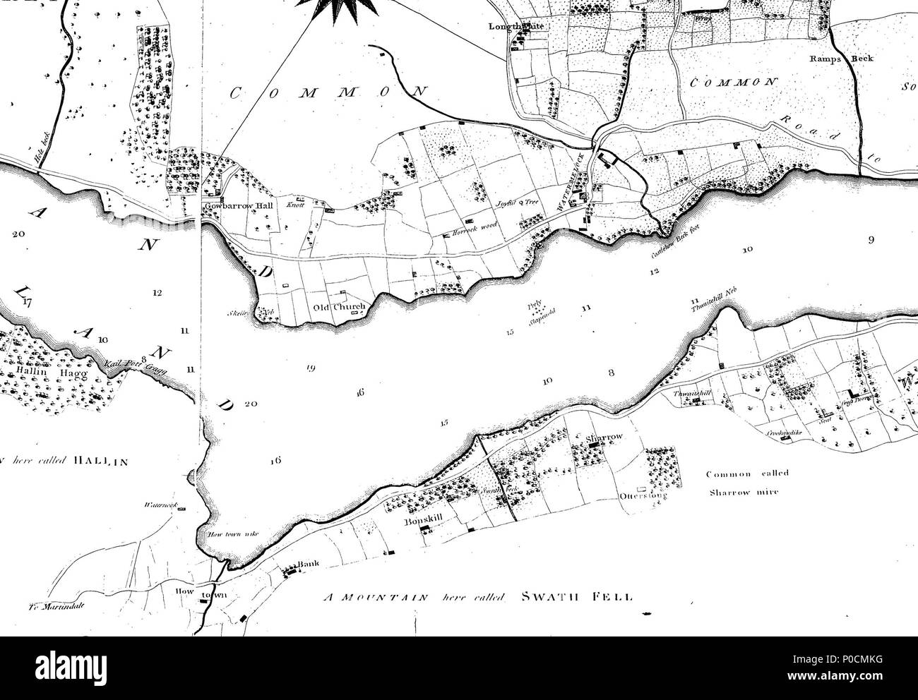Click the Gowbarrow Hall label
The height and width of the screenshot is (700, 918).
tap(232, 206)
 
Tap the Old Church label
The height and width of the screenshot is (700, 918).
tap(340, 307)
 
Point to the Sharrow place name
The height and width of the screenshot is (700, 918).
tap(604, 437)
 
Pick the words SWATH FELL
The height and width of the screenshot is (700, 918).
tap(576, 596)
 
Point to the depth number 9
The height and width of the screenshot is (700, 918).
tap(871, 240)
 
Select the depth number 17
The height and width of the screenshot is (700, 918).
tap(28, 303)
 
